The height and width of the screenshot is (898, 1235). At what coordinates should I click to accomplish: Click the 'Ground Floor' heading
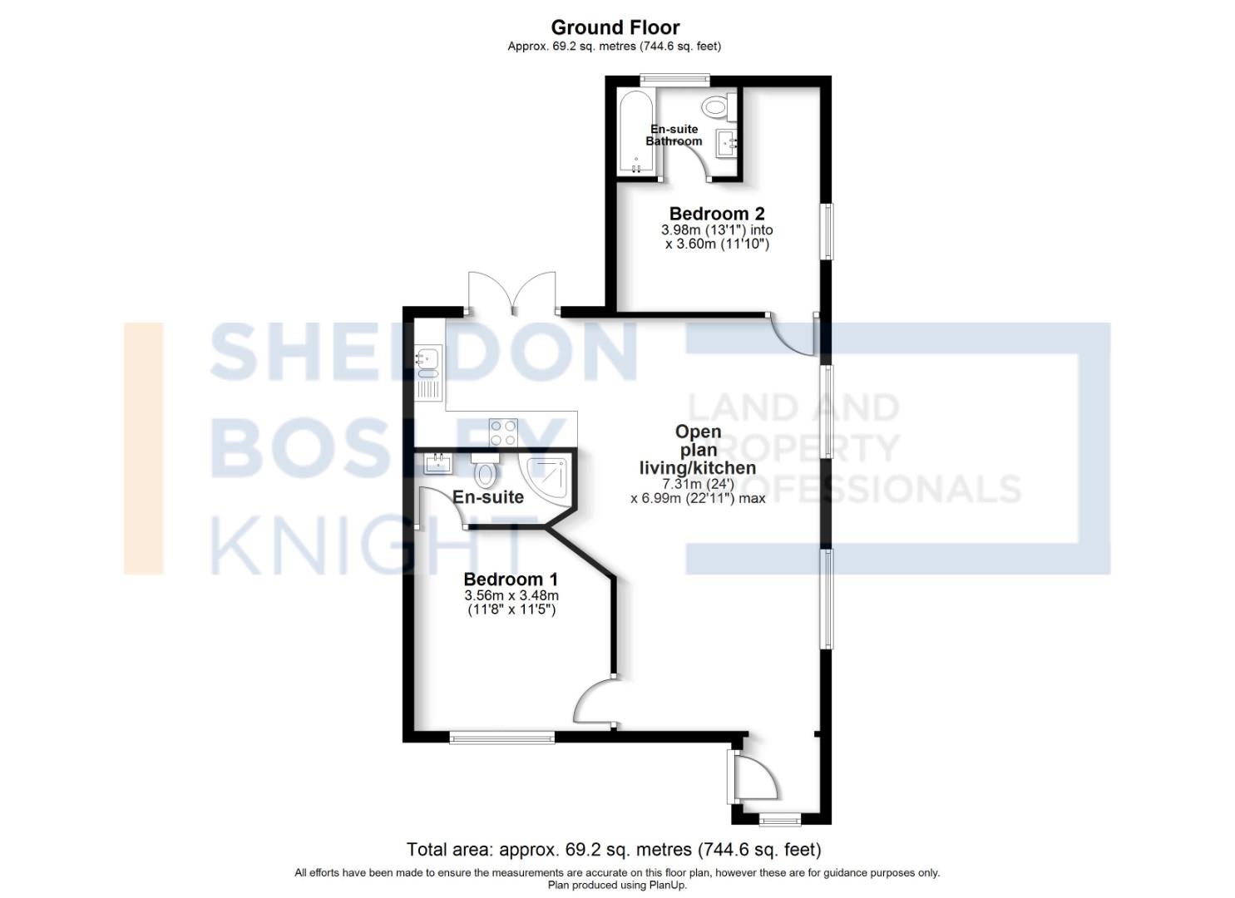tap(615, 27)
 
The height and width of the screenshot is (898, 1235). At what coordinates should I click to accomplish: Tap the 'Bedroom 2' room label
tap(716, 214)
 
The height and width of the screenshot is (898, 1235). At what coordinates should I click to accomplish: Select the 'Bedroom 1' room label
tap(511, 580)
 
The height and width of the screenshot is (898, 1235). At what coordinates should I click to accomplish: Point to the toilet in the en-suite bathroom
tap(715, 106)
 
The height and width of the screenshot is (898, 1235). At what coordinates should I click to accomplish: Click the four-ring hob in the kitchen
tap(503, 432)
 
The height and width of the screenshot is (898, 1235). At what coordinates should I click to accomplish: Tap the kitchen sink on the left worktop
tap(428, 360)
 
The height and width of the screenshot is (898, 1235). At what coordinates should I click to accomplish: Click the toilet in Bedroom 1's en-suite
tap(486, 472)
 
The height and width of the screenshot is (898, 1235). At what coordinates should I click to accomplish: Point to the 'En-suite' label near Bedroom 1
tap(488, 497)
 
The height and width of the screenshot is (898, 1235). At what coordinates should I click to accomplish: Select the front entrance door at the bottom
tap(753, 777)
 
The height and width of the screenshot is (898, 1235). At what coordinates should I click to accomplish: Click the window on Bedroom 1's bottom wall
tap(501, 737)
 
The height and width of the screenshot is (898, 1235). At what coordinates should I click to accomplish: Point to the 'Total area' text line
tap(613, 850)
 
